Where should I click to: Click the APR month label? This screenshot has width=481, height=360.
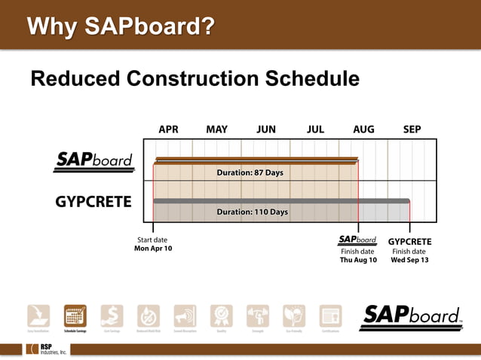[x=168, y=130]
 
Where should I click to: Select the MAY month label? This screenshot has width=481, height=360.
[x=216, y=130]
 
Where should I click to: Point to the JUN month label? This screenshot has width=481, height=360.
[x=265, y=130]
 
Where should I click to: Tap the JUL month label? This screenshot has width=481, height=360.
[x=315, y=130]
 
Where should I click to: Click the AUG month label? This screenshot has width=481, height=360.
[x=363, y=130]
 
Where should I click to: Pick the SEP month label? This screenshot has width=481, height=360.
[x=412, y=130]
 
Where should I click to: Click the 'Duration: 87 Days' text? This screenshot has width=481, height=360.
[x=250, y=172]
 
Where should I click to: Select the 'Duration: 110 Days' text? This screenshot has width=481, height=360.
[x=252, y=212]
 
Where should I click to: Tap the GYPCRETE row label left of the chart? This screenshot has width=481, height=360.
[x=93, y=202]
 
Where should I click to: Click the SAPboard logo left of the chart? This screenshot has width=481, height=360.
[x=94, y=161]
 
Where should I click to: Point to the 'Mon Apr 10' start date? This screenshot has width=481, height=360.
[x=153, y=249]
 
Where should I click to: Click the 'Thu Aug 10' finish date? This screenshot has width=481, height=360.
[x=357, y=260]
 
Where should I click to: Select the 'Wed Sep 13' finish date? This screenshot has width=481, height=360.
[x=409, y=260]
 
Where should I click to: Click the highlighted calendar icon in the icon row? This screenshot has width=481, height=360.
[x=75, y=316]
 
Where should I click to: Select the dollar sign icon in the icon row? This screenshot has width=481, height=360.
[x=112, y=316]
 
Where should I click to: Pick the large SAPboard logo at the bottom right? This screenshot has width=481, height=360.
[x=411, y=316]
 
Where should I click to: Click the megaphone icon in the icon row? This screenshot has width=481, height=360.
[x=185, y=316]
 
